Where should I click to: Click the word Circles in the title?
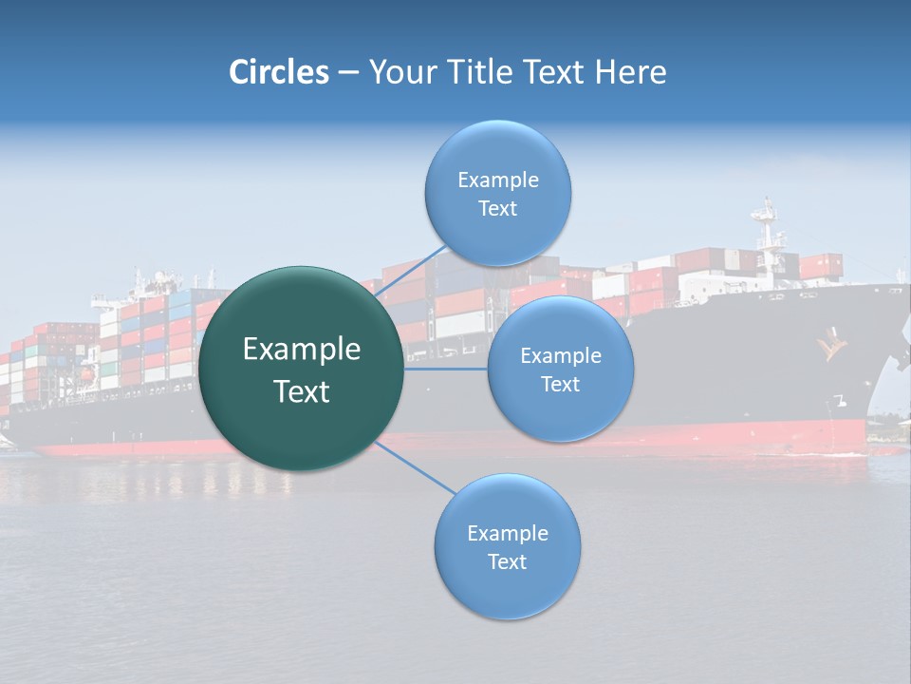[x=279, y=72]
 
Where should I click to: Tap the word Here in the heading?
[x=630, y=72]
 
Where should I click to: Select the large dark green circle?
[x=302, y=369]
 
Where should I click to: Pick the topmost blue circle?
[x=497, y=193]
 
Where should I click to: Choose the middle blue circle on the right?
[x=560, y=369]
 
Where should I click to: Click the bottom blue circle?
[x=507, y=546]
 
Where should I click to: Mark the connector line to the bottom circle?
[x=415, y=466]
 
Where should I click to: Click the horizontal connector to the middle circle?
[x=445, y=369]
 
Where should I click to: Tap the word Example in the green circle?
[x=302, y=350]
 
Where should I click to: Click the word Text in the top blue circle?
[x=497, y=209]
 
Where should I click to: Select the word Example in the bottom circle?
[x=507, y=533]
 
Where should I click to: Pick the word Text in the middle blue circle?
[x=560, y=385]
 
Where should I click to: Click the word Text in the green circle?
[x=302, y=391]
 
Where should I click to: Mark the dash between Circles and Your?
[x=348, y=73]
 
